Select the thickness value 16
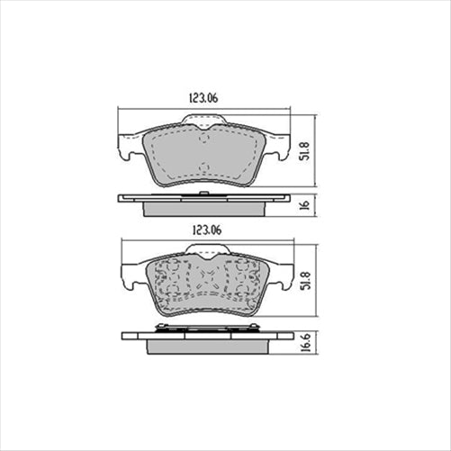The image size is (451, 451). pos(305,204)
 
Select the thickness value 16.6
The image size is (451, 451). pos(305,343)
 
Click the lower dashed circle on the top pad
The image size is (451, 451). pos(204,167)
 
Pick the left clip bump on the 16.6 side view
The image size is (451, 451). pos(162,326)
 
